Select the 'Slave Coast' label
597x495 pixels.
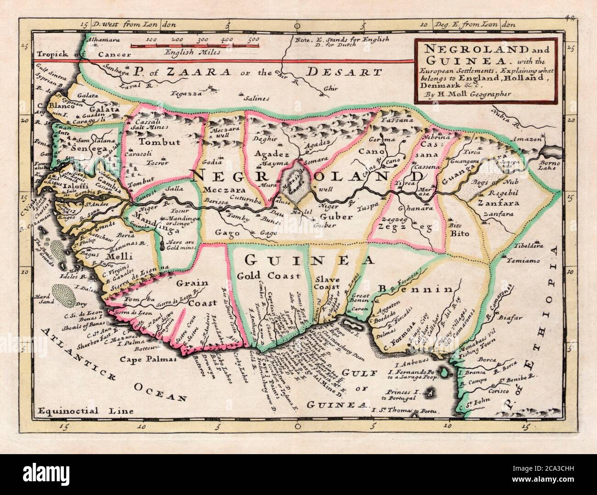tap(327, 284)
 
